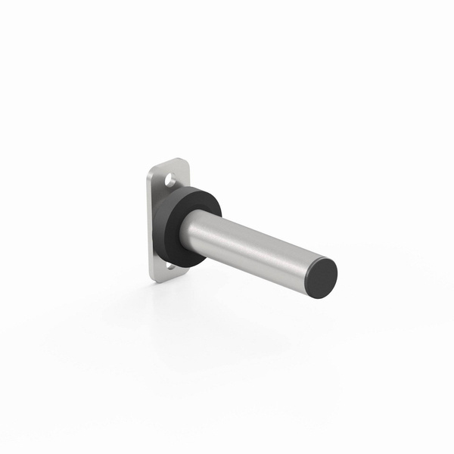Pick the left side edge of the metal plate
(x=150, y=227)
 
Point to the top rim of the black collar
(x=193, y=187)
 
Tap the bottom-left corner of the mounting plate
(x=153, y=278)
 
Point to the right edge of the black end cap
(x=337, y=272)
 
